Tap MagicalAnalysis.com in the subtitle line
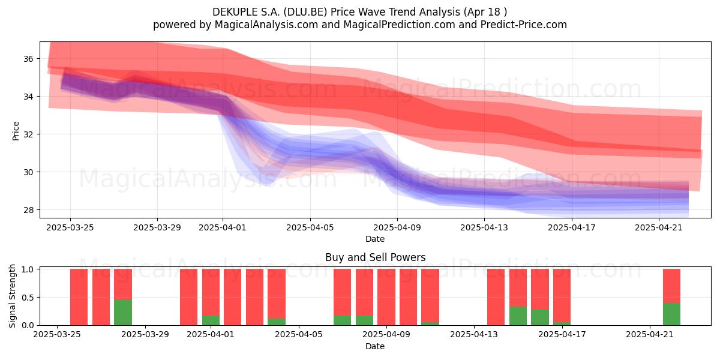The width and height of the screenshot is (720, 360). coord(266,25)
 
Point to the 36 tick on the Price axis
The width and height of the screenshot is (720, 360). coord(28,59)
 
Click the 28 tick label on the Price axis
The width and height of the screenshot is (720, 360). coord(28,210)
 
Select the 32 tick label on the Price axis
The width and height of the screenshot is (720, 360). coord(28,134)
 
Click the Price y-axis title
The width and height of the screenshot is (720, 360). coord(16,131)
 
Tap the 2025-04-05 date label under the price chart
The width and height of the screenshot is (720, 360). coord(310,227)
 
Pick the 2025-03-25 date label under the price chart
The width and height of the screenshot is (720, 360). coord(70,227)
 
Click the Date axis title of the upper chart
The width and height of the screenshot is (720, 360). coord(375,239)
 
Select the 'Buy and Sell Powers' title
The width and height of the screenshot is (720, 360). coord(375,257)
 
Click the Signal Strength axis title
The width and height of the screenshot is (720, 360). coord(12,296)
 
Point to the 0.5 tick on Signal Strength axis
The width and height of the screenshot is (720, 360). coord(28,298)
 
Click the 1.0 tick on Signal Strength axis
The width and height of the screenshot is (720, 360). coord(28,269)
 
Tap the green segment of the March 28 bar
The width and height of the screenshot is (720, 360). coord(123,313)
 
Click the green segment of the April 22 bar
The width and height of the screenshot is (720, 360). coord(671,314)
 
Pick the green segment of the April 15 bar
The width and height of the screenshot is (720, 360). coord(518,316)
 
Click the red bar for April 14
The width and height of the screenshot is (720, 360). coord(496,297)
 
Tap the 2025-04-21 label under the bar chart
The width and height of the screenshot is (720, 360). coord(650,335)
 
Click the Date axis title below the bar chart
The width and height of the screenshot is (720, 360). coord(375,346)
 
